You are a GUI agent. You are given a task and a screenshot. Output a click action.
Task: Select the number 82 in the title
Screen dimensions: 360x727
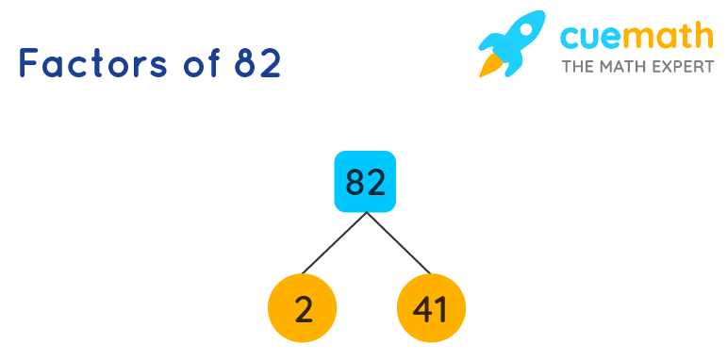tap(257, 63)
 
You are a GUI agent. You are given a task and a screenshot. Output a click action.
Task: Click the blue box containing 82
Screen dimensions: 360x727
tap(365, 181)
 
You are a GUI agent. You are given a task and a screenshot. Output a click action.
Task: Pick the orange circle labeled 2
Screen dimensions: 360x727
tap(303, 307)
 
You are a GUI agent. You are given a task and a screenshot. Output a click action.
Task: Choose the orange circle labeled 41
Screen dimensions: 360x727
tap(431, 307)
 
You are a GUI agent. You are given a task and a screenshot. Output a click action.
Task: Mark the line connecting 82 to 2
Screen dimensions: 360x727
tap(334, 243)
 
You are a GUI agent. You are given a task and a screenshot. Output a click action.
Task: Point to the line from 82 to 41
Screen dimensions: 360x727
tap(398, 243)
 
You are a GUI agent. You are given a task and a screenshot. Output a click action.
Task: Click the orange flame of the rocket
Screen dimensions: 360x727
tap(490, 64)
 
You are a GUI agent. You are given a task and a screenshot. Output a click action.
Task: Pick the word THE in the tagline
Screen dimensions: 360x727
tap(578, 67)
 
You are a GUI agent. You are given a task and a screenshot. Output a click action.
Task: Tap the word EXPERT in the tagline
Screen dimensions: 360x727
tap(686, 67)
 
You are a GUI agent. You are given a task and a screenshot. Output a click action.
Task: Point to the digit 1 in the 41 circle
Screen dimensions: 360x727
tap(441, 308)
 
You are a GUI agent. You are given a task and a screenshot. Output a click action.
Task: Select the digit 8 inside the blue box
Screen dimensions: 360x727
tap(355, 181)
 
